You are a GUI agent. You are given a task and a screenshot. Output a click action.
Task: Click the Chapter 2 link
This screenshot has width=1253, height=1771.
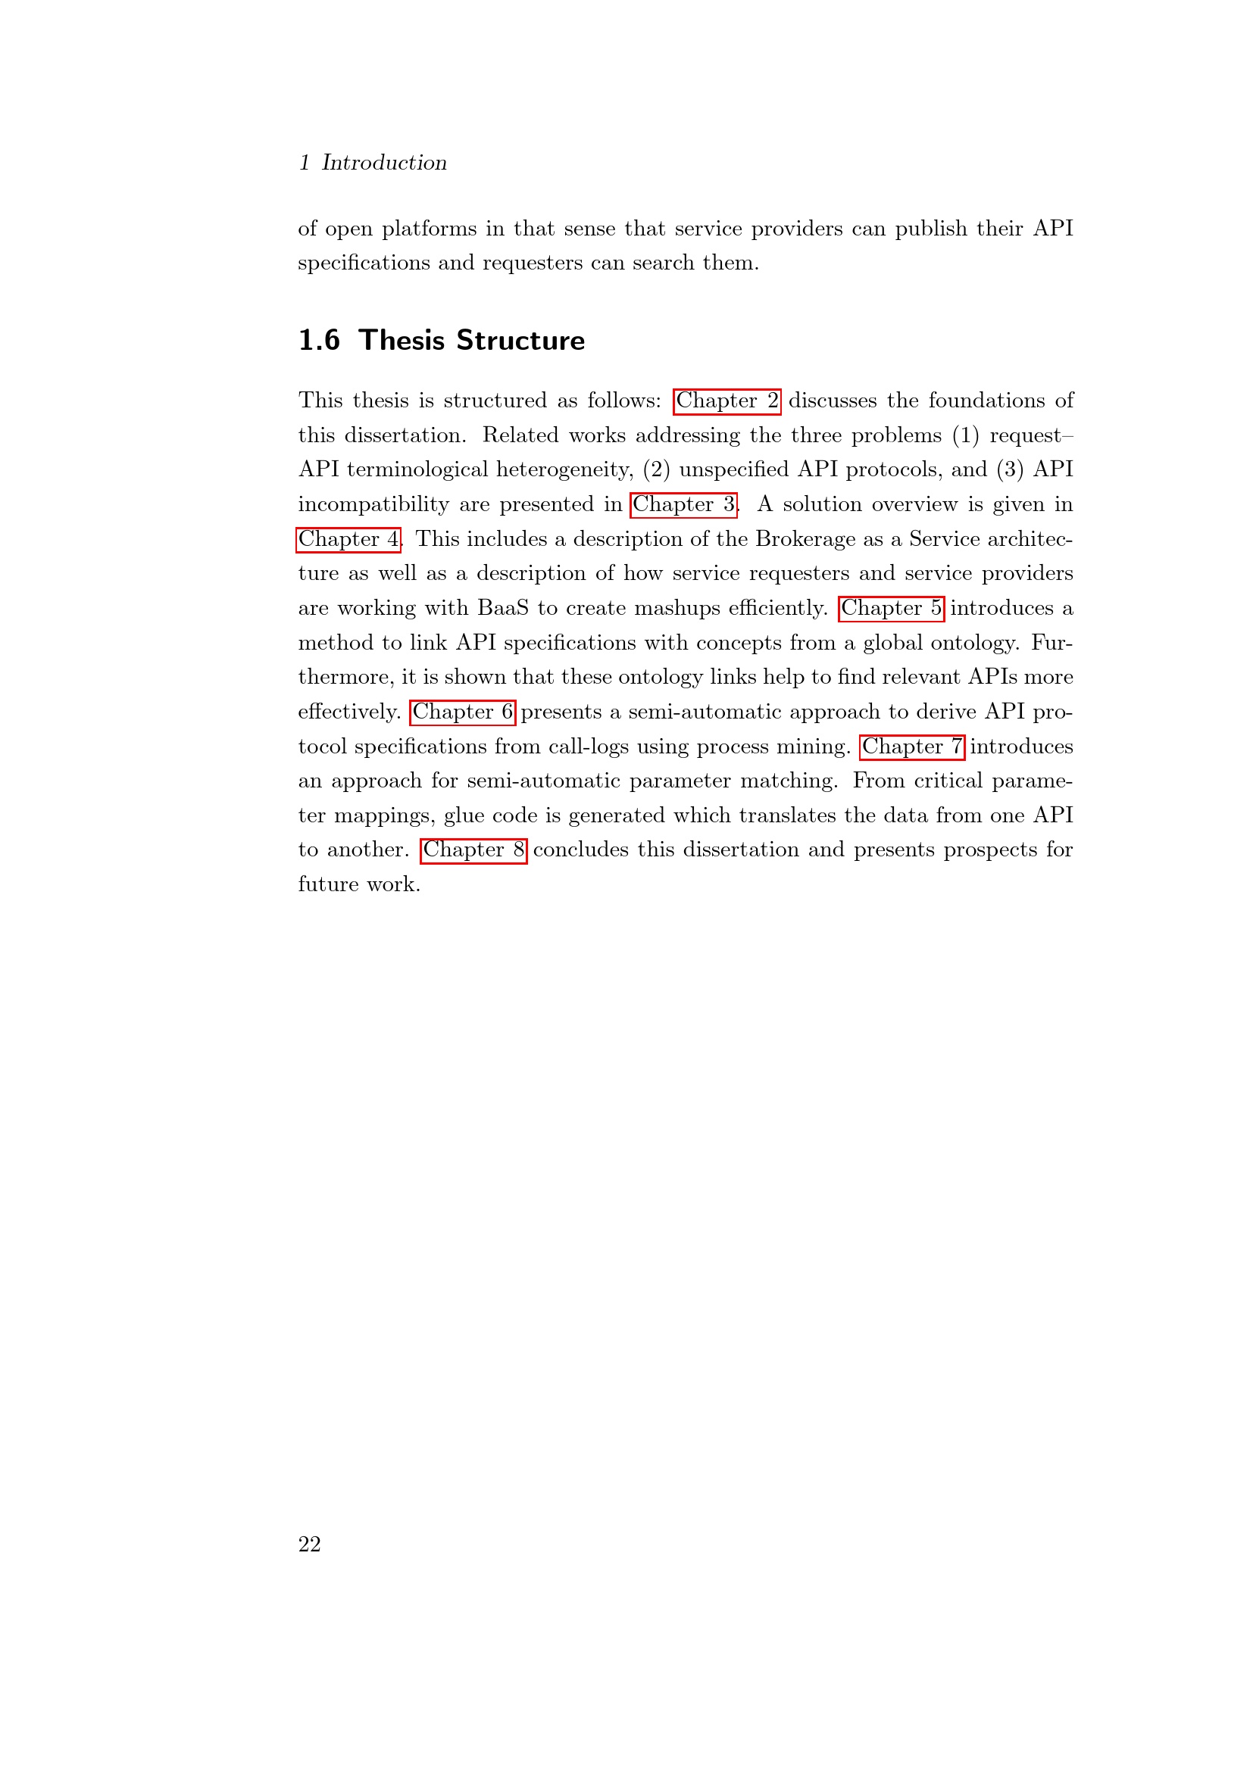[x=726, y=401]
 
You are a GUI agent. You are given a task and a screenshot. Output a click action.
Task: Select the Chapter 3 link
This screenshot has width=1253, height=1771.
[x=683, y=504]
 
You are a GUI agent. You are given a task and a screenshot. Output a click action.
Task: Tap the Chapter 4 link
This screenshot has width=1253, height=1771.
[x=348, y=539]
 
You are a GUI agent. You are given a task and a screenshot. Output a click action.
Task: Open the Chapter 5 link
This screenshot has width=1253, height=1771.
[x=891, y=609]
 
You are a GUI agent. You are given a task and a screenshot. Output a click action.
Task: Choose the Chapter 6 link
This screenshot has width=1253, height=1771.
[x=462, y=712]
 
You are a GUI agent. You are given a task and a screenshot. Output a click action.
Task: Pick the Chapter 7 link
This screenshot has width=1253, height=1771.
[x=912, y=747]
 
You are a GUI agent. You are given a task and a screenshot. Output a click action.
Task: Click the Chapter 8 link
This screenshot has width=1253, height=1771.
[x=473, y=850]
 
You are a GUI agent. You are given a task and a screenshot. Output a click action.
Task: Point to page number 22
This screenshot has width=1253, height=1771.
[x=309, y=1544]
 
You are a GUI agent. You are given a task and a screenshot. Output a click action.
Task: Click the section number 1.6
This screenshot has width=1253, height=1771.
[x=319, y=340]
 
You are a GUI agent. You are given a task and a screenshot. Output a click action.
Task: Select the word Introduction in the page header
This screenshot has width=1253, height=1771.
[x=383, y=163]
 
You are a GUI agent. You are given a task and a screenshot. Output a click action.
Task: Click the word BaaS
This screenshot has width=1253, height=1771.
[x=503, y=609]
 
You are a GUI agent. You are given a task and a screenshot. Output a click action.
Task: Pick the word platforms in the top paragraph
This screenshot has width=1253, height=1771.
[x=429, y=229]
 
